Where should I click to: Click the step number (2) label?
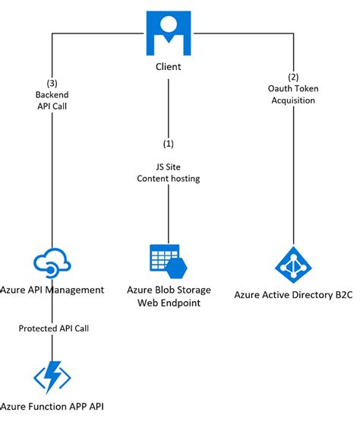[294, 77]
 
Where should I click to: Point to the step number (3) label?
[52, 83]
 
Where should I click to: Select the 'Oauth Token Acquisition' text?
[294, 94]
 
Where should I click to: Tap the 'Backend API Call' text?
[52, 100]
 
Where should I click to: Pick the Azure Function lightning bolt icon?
[52, 376]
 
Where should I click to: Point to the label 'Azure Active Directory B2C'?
[294, 296]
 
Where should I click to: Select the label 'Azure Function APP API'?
[52, 407]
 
